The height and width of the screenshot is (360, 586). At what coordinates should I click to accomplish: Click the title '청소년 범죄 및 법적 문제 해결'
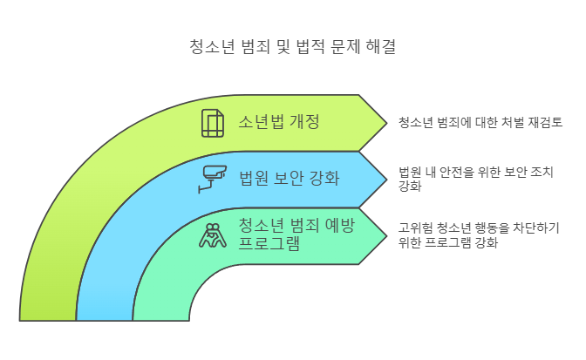pos(292,44)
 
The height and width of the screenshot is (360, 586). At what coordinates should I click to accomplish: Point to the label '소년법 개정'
pos(278,122)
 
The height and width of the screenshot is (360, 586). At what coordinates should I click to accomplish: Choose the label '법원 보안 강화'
pos(289,179)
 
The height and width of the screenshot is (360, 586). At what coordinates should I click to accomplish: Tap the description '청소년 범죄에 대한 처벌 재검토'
pos(480,122)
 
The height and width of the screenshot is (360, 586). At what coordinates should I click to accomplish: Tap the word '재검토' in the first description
pos(544,122)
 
